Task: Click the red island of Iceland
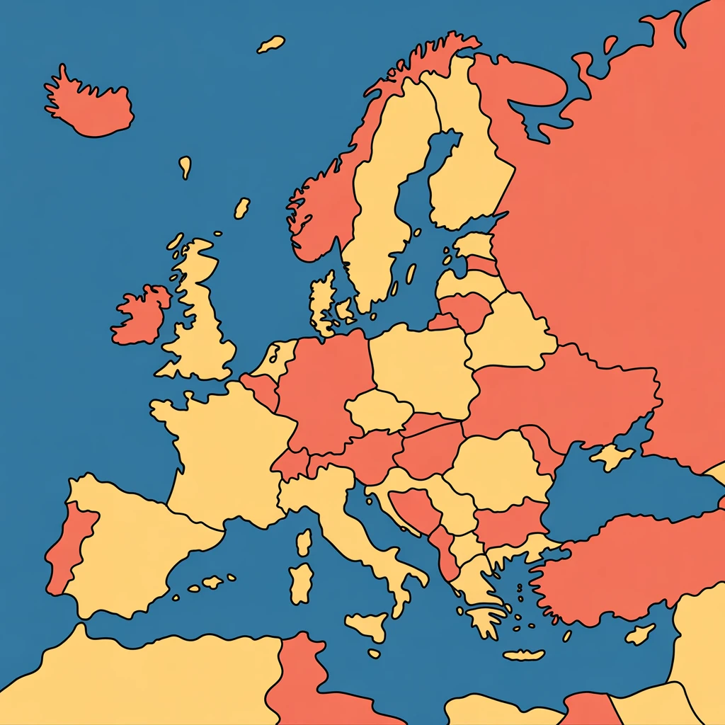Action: [92, 106]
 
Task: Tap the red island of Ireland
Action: [142, 315]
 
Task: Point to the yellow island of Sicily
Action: [368, 624]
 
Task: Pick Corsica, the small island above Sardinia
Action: [304, 542]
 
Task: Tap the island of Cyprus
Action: [641, 634]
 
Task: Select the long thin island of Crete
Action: [524, 655]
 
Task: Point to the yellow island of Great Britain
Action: [202, 319]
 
